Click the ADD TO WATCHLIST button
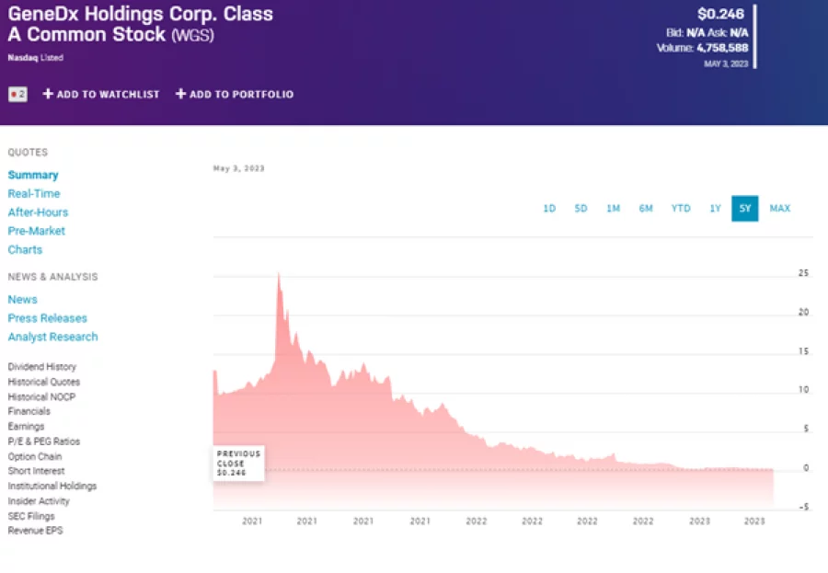tap(101, 94)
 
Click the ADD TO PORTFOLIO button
tap(235, 94)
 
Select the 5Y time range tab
tap(745, 209)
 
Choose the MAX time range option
tap(779, 209)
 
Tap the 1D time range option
tap(549, 209)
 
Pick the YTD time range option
tap(681, 209)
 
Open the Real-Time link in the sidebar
tap(34, 194)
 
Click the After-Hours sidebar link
tap(38, 212)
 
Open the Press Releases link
tap(48, 318)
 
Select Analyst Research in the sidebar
tap(52, 337)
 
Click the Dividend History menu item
tap(42, 367)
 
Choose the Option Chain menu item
tap(35, 456)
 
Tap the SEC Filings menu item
tap(32, 516)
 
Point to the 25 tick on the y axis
tap(803, 274)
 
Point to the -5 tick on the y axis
tap(803, 507)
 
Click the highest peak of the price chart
tap(278, 274)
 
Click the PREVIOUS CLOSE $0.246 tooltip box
tap(238, 464)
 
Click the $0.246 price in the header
tap(721, 14)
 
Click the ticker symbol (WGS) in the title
tap(195, 35)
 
